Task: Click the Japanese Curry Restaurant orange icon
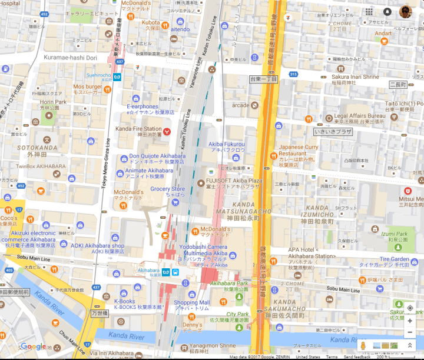273,155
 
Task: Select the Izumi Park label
395,234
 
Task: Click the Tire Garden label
394,259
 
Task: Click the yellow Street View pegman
363,345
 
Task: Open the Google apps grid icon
369,12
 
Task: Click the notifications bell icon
387,12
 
